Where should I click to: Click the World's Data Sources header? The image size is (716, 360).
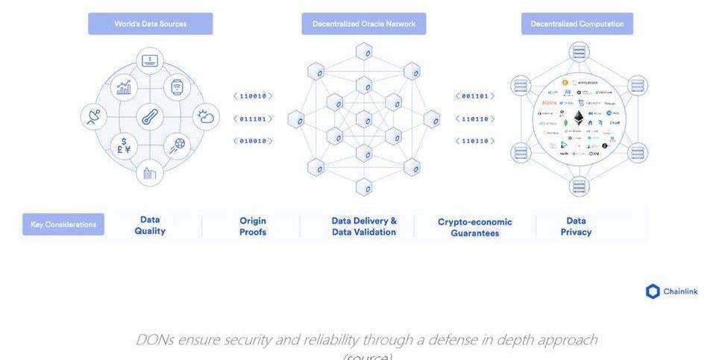[x=150, y=24]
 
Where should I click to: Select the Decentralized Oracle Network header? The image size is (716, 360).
[x=363, y=24]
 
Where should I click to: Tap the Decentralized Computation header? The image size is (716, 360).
[x=577, y=24]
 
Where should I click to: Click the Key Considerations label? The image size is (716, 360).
[x=63, y=224]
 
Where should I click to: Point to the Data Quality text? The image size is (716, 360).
[x=150, y=225]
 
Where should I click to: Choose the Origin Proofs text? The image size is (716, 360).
[x=253, y=226]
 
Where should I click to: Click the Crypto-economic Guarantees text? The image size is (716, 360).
[x=474, y=227]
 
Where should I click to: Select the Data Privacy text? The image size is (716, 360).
[x=576, y=226]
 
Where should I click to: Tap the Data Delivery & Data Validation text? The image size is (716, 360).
[x=364, y=226]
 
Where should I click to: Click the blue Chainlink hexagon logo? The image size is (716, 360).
[x=653, y=291]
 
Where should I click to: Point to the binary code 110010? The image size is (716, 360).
[x=253, y=96]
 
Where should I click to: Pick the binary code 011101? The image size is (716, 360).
[x=253, y=119]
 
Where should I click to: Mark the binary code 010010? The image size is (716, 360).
[x=253, y=141]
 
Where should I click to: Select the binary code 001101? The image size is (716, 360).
[x=475, y=96]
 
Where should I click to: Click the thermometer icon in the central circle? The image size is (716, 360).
[x=150, y=117]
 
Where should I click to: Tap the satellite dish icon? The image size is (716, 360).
[x=94, y=117]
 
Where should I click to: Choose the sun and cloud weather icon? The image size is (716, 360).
[x=205, y=117]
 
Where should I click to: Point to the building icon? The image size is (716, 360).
[x=150, y=173]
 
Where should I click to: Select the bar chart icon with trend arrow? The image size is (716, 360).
[x=123, y=89]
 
